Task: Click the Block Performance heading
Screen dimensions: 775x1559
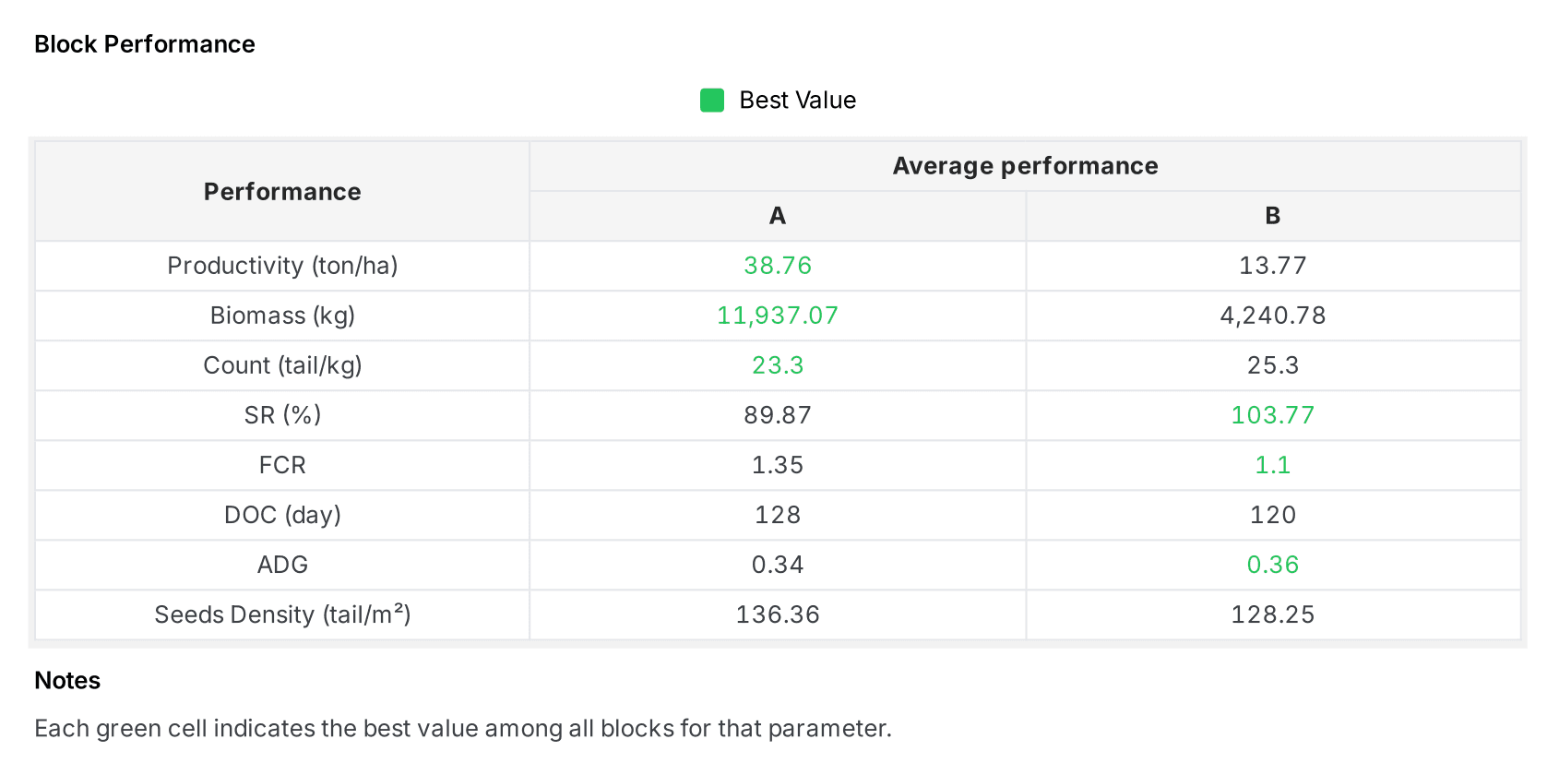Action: [145, 44]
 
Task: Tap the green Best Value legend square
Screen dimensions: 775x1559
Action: [711, 100]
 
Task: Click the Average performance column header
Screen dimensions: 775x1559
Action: [1025, 166]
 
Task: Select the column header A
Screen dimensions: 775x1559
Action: [778, 216]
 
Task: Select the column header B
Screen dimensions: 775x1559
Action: [1272, 216]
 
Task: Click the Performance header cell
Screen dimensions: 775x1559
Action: [282, 192]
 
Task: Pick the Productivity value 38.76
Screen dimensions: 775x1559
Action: [778, 266]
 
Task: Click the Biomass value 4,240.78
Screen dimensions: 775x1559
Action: [1272, 316]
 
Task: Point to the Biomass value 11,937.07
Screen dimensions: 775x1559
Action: [778, 316]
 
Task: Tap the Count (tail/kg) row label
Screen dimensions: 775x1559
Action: [282, 365]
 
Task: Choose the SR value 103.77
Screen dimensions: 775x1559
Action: [1272, 415]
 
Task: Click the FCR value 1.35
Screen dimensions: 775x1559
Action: [778, 465]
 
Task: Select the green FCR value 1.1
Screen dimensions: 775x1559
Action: [1272, 465]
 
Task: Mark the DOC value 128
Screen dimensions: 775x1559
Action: [778, 515]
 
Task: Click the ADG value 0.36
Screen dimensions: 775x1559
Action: [1272, 565]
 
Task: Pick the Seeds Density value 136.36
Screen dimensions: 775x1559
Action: [778, 614]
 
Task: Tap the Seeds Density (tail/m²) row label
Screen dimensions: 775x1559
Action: [282, 614]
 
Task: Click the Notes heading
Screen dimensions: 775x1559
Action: [67, 681]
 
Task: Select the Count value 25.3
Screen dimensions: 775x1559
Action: [1272, 365]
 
